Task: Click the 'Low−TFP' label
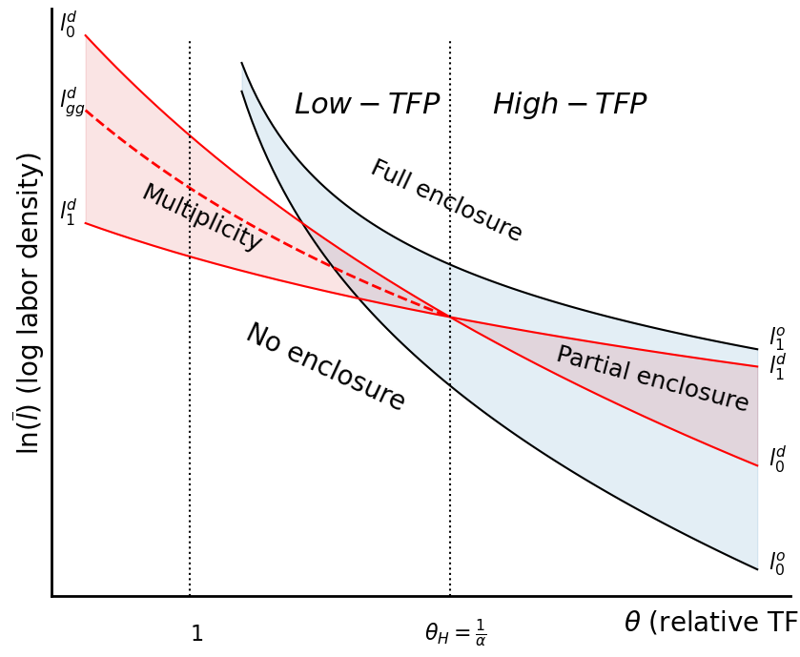tap(366, 105)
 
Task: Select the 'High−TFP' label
tap(569, 105)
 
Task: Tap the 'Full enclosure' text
tap(446, 201)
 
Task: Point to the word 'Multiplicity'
tap(202, 217)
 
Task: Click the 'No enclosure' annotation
tap(325, 367)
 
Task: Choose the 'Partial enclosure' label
tap(652, 379)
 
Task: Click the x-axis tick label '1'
tap(196, 634)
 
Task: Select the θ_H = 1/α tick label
tap(455, 632)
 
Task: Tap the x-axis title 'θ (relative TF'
tap(709, 623)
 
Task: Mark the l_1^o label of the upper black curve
tap(777, 338)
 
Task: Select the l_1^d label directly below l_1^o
tap(777, 366)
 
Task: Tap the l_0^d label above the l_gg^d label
tap(68, 24)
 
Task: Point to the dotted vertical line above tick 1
tap(190, 381)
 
